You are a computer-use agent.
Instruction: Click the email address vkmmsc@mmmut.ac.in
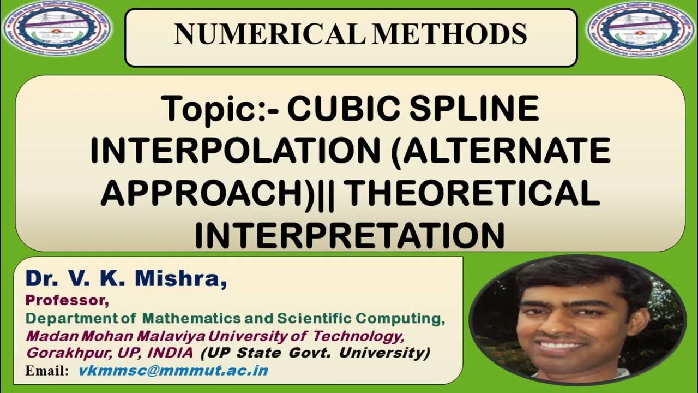[173, 371]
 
